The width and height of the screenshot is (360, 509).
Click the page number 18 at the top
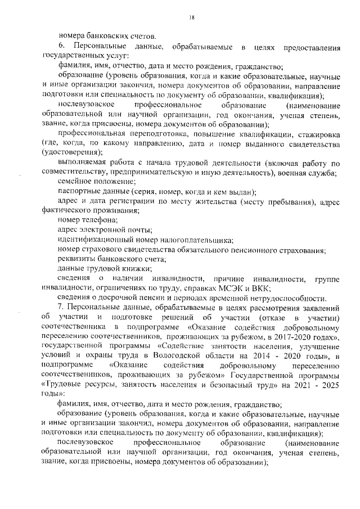tap(191, 19)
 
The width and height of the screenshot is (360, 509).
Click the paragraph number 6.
tap(61, 45)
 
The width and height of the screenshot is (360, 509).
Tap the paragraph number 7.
tap(61, 308)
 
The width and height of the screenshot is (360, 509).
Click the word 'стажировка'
tap(318, 133)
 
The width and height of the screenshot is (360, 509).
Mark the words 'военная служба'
tap(312, 172)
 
